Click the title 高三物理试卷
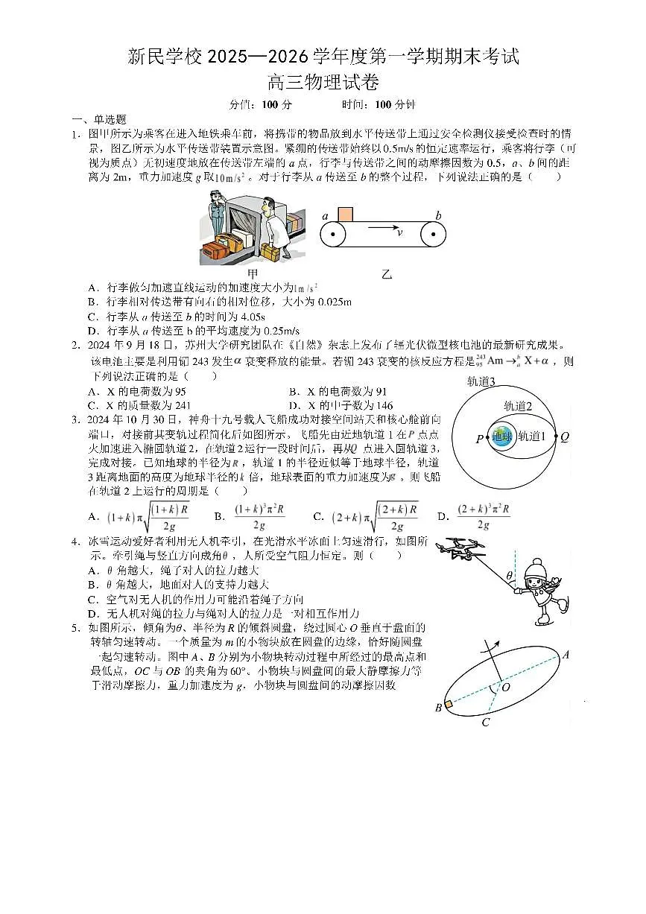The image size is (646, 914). [323, 83]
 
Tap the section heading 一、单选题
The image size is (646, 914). [99, 119]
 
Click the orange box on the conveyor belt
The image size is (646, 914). [345, 215]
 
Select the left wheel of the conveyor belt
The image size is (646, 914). [333, 234]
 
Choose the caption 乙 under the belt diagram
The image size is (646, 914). [386, 274]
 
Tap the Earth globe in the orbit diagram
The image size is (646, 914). [501, 437]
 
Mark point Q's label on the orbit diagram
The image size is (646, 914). [565, 437]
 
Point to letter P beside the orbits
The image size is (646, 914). [479, 439]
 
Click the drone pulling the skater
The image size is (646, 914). [460, 548]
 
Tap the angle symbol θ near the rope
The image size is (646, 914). [509, 576]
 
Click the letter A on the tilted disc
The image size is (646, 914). [566, 655]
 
